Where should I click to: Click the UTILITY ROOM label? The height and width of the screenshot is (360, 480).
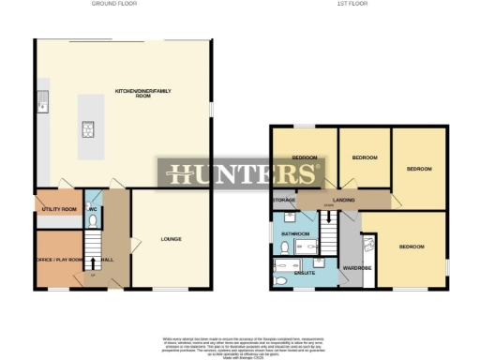pos(58,208)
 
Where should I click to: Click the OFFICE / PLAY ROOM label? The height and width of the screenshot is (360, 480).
pos(59,259)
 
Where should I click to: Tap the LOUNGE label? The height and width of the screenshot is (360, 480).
pos(171,239)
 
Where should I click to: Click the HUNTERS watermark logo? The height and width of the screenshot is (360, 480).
pos(243,174)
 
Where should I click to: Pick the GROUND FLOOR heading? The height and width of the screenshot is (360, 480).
pos(116,5)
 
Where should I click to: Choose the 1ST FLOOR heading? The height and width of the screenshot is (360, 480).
pos(352,5)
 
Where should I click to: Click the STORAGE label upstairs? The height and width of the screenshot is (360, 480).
pos(284,201)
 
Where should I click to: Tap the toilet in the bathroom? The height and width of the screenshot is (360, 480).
pos(283,248)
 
